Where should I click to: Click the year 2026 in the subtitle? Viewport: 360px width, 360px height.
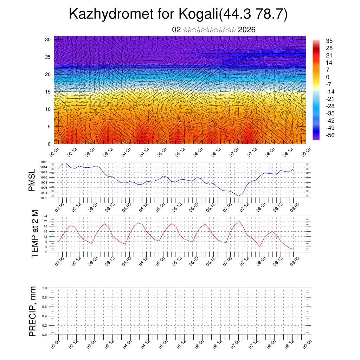[246, 30]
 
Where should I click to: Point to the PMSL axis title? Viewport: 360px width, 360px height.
[32, 180]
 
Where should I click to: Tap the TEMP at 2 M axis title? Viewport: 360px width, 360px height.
[34, 234]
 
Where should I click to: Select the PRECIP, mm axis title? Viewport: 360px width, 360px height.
[33, 311]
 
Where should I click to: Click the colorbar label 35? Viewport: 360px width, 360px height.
[329, 41]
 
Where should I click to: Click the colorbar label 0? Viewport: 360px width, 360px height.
[328, 77]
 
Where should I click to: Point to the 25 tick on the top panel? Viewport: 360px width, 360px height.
[49, 57]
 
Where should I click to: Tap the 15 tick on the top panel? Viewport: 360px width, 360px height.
[49, 92]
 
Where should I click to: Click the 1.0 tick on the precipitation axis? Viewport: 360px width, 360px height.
[45, 288]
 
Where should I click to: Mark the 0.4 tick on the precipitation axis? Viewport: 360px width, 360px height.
[45, 316]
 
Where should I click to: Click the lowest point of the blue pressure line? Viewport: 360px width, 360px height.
[239, 196]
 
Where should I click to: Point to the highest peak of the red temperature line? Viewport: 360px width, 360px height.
[239, 221]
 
